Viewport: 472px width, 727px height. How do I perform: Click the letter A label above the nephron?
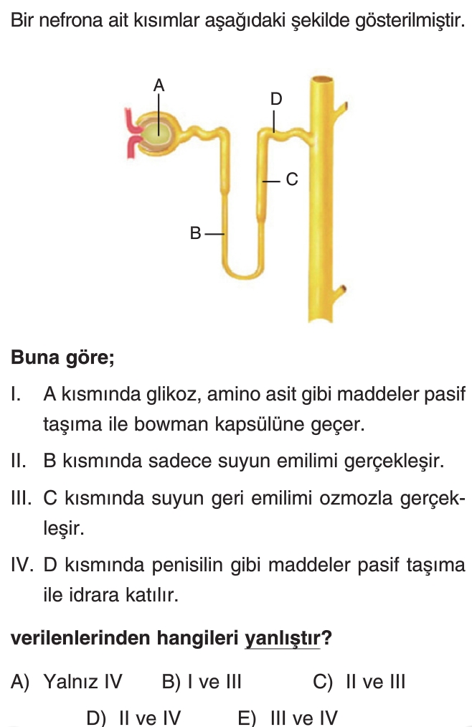(159, 85)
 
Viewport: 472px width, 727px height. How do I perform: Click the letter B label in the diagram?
(195, 233)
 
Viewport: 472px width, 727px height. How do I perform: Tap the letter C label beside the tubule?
(292, 179)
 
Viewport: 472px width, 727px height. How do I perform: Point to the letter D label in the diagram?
(276, 99)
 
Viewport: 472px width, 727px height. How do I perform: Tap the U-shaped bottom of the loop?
(244, 271)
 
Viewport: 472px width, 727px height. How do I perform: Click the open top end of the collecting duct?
(322, 82)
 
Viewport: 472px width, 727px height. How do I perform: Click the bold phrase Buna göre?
(62, 357)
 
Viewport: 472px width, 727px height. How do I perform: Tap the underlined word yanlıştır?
(282, 638)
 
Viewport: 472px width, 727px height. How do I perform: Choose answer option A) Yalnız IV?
(66, 682)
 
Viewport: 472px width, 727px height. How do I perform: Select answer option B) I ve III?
(202, 682)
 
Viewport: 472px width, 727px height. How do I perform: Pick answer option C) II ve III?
(359, 682)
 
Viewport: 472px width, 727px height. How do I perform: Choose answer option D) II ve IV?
(133, 718)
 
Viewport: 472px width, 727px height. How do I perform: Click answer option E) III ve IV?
(288, 718)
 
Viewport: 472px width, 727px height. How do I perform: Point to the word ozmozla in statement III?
(356, 498)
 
